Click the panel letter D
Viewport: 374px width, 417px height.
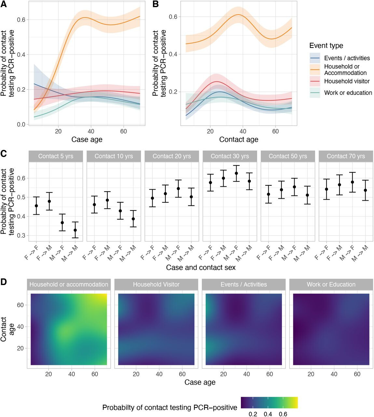click(4, 281)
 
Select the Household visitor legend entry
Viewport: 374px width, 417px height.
click(347, 81)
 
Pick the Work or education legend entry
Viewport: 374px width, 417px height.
click(348, 93)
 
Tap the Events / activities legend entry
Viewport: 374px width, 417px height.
click(347, 58)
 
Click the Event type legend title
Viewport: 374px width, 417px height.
click(326, 46)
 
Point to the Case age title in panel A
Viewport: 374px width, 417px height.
click(87, 139)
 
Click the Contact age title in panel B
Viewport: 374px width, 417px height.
click(239, 139)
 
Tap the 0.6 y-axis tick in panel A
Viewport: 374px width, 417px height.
click(21, 20)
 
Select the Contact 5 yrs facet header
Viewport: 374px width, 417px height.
click(56, 156)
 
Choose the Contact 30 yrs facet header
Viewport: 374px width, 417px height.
click(230, 156)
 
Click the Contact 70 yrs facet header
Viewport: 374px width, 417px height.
click(346, 156)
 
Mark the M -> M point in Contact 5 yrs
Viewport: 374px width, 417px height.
click(75, 230)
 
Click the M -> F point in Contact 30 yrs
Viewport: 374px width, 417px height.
click(236, 173)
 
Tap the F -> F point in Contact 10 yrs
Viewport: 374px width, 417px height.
click(94, 205)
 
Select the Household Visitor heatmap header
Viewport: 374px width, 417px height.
click(156, 284)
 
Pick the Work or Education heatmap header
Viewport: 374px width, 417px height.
click(331, 284)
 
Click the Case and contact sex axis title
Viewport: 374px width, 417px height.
click(201, 267)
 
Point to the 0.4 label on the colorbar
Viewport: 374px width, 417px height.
click(268, 414)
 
